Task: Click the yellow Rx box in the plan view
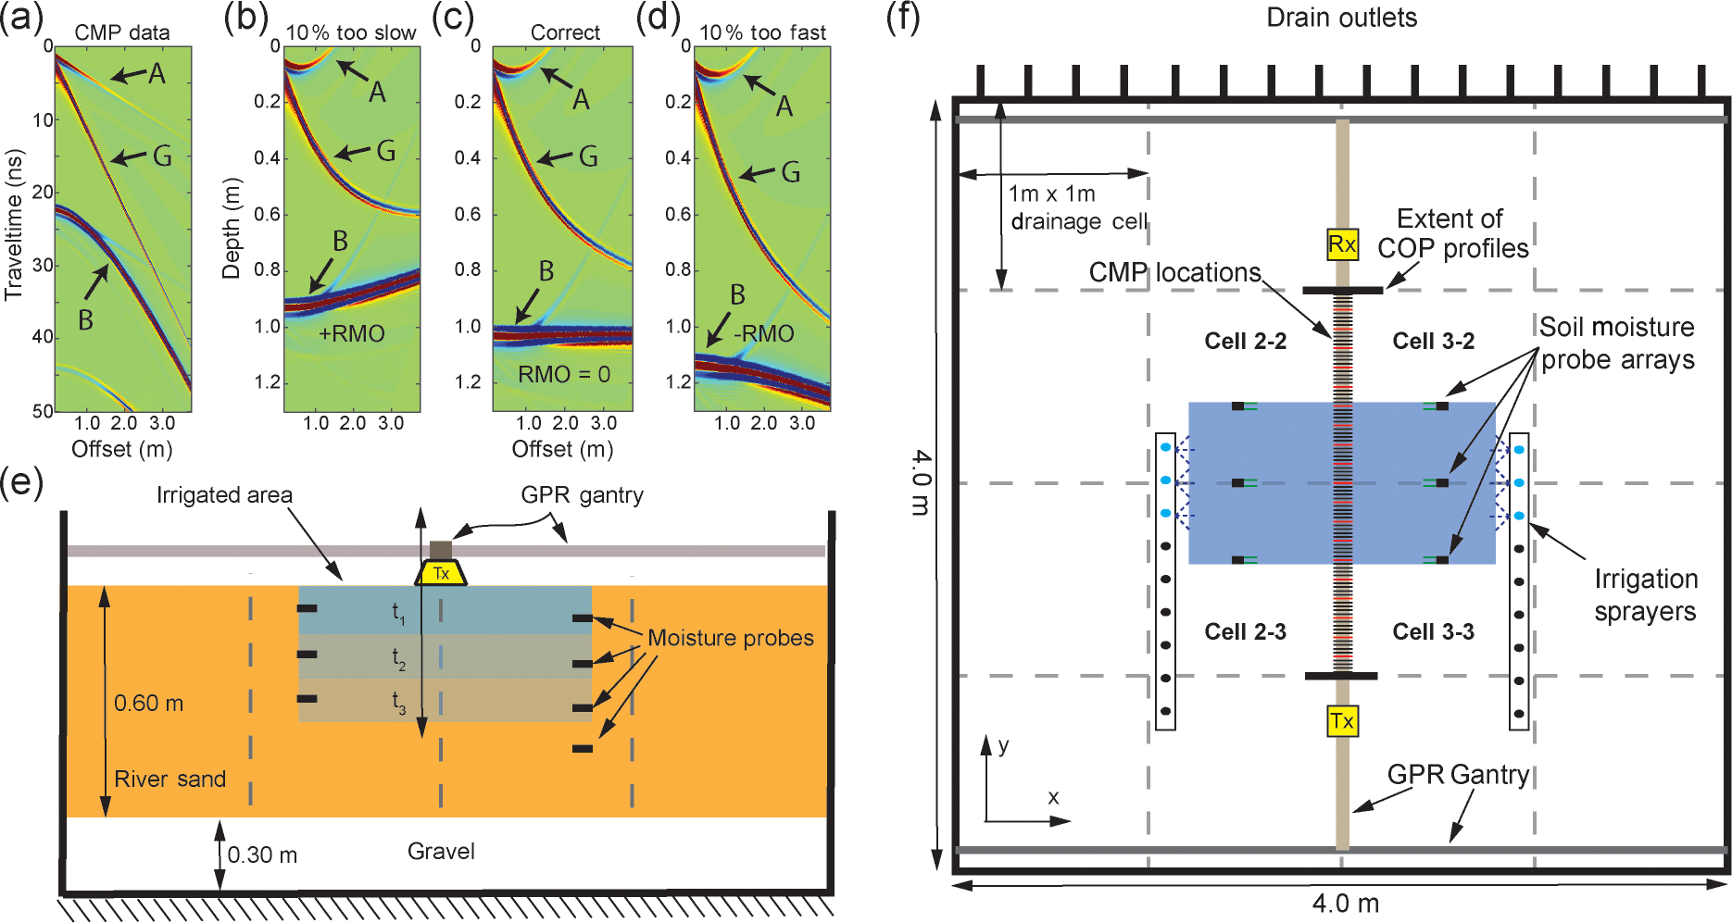(1342, 244)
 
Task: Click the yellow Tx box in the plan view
(1342, 721)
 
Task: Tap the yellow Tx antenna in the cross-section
(441, 573)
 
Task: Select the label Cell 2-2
(1245, 342)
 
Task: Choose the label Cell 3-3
(1433, 632)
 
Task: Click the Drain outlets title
(1341, 18)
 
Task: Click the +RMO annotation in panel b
(351, 334)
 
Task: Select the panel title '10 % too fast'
(762, 32)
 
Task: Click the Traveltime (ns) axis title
(14, 227)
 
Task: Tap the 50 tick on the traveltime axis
(43, 411)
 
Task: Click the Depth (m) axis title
(231, 229)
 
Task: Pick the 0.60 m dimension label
(148, 704)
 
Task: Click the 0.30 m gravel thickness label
(262, 855)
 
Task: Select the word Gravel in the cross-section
(441, 852)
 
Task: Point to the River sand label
(169, 780)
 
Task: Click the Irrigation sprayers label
(1645, 595)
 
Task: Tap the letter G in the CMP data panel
(162, 156)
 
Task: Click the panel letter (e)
(21, 482)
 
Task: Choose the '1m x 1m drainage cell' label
(1077, 207)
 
